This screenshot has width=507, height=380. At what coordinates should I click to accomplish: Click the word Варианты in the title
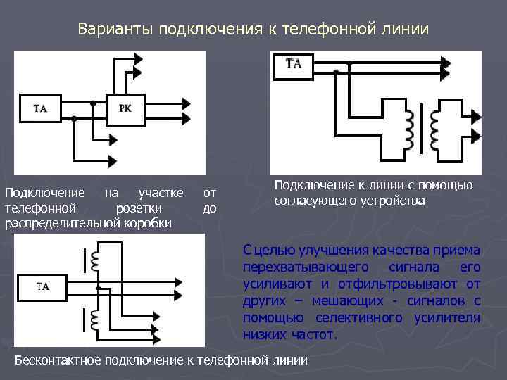(115, 30)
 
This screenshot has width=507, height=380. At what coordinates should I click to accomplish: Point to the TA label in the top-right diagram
(294, 65)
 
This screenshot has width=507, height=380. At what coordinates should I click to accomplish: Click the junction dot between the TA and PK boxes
(92, 103)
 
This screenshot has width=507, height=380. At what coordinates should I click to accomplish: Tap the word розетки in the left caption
(138, 208)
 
